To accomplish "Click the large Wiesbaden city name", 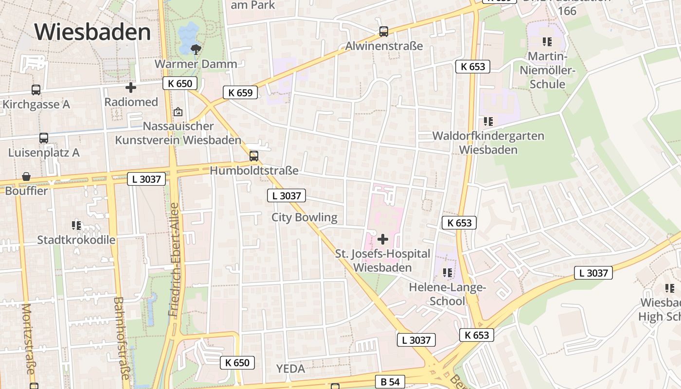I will (x=92, y=32).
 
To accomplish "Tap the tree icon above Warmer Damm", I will (x=196, y=49).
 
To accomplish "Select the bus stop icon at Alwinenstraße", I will (x=384, y=32).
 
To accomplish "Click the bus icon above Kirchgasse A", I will (x=36, y=90).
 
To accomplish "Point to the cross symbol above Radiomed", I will (x=131, y=88).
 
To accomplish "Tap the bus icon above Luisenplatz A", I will (x=44, y=138).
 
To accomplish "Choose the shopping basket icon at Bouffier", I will (x=26, y=177).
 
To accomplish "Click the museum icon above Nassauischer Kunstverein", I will (x=178, y=112).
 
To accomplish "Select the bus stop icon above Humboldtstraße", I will (x=253, y=156).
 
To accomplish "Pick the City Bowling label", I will (x=305, y=217).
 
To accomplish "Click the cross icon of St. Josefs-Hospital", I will (x=383, y=239).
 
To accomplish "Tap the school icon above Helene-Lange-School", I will (x=448, y=272).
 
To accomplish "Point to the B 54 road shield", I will (x=390, y=382).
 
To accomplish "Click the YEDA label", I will (x=290, y=369).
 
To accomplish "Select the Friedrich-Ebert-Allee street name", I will (x=174, y=260).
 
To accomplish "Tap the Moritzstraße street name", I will (x=28, y=339).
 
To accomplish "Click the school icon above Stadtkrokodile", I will (x=76, y=226).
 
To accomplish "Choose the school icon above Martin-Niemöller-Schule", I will (x=547, y=42).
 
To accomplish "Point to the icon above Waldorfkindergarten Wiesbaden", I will (x=488, y=122).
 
